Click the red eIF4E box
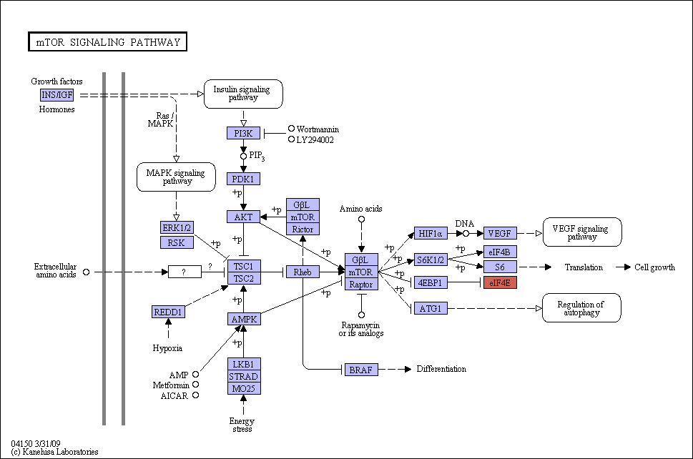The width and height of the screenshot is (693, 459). [500, 282]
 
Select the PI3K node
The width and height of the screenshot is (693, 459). [243, 133]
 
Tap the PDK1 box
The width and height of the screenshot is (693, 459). [243, 179]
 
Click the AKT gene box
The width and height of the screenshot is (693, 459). [243, 217]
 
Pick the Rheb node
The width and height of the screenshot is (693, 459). [303, 272]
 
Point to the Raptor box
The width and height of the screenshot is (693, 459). [362, 285]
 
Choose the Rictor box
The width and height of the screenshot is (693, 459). [303, 229]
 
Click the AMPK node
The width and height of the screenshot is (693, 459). [244, 319]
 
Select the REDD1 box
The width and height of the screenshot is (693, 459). [168, 312]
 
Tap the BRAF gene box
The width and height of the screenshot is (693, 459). [361, 370]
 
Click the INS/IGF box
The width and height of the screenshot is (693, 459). [56, 95]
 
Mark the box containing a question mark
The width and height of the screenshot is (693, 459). [185, 272]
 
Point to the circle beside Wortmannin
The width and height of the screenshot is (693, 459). [291, 129]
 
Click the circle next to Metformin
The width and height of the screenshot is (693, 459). [195, 385]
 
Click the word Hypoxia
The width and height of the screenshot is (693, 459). [167, 348]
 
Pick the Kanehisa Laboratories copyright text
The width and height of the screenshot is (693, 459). [55, 452]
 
